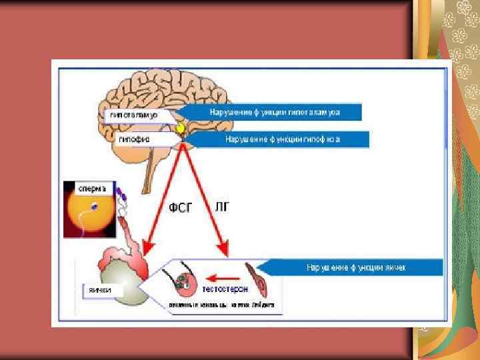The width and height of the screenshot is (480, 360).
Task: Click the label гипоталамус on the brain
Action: pyautogui.click(x=131, y=115)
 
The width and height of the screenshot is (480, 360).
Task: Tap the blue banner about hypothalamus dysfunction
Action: pyautogui.click(x=273, y=112)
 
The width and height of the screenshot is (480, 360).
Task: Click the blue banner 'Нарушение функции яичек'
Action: pyautogui.click(x=353, y=267)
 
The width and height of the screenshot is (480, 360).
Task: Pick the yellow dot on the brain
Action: pyautogui.click(x=180, y=126)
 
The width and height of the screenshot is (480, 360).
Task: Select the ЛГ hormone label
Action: pyautogui.click(x=222, y=207)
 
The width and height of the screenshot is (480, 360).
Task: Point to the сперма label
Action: pyautogui.click(x=90, y=188)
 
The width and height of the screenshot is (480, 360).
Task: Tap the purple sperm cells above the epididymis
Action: pyautogui.click(x=121, y=195)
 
